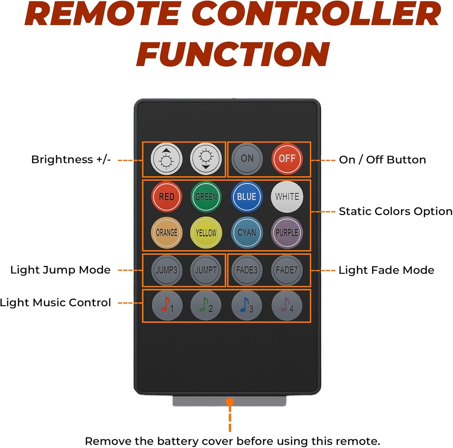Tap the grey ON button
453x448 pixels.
(247, 159)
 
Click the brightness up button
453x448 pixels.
(166, 159)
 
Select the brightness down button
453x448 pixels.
(206, 159)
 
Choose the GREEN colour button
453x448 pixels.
(206, 197)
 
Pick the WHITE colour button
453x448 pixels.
(287, 197)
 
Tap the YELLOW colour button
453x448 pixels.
(206, 232)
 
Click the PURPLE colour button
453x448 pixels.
(287, 232)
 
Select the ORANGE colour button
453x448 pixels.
(166, 232)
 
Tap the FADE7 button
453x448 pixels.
(287, 270)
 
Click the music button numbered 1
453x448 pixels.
(167, 306)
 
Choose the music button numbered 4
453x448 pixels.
(287, 306)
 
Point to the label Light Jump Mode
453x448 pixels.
(60, 270)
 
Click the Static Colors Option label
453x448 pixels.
(395, 211)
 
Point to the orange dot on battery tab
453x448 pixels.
(230, 402)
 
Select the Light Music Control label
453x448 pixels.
(55, 303)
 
